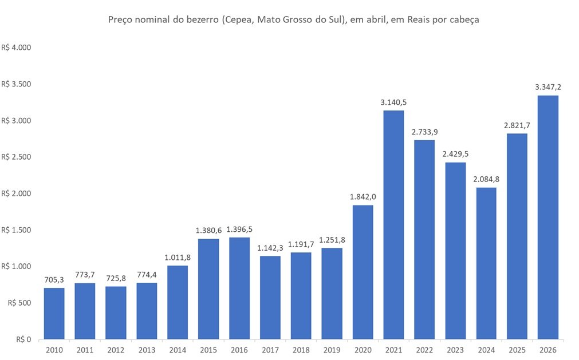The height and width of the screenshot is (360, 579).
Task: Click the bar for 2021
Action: point(393,224)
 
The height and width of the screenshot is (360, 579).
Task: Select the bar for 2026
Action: point(548,217)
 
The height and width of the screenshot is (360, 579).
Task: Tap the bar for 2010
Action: point(54,313)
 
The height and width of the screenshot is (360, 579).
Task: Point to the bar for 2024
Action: point(486,263)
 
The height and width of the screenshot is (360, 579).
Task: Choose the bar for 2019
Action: point(332,293)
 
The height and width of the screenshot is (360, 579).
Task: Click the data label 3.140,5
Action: point(393,102)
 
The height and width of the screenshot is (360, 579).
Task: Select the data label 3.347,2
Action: point(548,87)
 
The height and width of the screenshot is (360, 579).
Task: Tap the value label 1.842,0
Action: point(363,197)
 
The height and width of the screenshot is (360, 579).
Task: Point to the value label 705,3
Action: point(54,280)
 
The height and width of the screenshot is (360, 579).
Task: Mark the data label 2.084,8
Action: point(486,179)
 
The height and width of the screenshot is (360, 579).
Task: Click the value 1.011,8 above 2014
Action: point(178,258)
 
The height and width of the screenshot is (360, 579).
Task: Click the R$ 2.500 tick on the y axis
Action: point(15,157)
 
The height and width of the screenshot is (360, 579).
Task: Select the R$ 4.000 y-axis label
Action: point(15,48)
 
